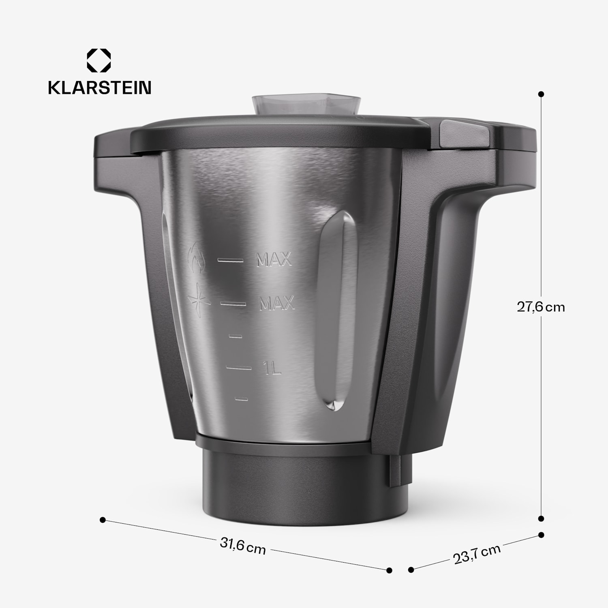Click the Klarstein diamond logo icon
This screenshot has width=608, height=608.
tap(98, 61)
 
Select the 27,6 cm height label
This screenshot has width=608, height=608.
tap(540, 307)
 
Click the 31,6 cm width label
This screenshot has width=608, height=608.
tap(243, 546)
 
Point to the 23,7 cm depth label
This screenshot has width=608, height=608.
tap(477, 554)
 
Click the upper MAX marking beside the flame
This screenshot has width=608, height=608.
tap(274, 260)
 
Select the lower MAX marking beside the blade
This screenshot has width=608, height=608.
tap(276, 303)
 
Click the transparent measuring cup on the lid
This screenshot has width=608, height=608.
tap(306, 105)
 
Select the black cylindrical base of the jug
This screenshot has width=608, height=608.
tap(304, 486)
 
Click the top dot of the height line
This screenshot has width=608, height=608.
tap(541, 94)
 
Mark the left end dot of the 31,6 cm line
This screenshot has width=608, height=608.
tap(103, 520)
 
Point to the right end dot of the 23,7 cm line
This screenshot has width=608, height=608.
tap(541, 535)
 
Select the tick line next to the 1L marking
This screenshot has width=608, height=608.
tap(239, 368)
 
